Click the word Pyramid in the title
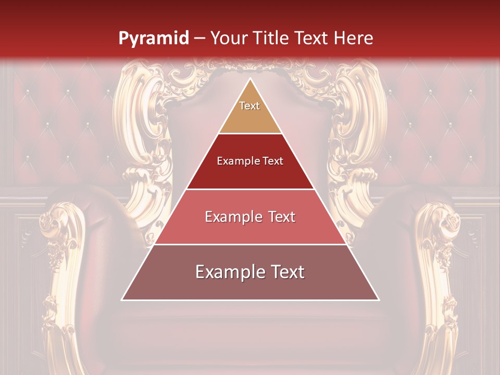point(153,39)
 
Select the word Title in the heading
point(273,39)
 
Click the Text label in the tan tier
point(249,106)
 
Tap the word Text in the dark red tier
point(272,161)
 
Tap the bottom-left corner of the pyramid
point(122,300)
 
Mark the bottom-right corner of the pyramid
point(379,300)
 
